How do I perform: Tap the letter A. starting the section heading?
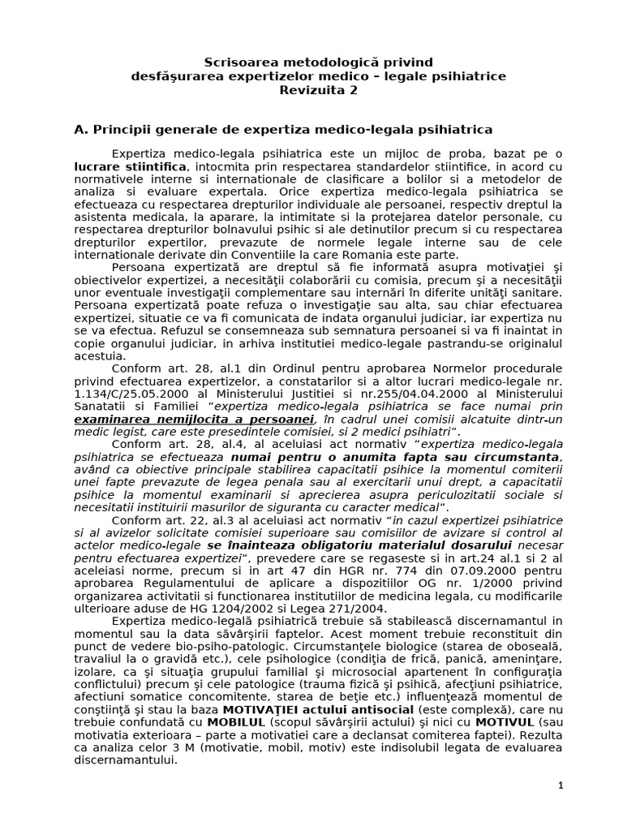click(79, 129)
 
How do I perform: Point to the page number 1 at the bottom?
click(560, 786)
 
